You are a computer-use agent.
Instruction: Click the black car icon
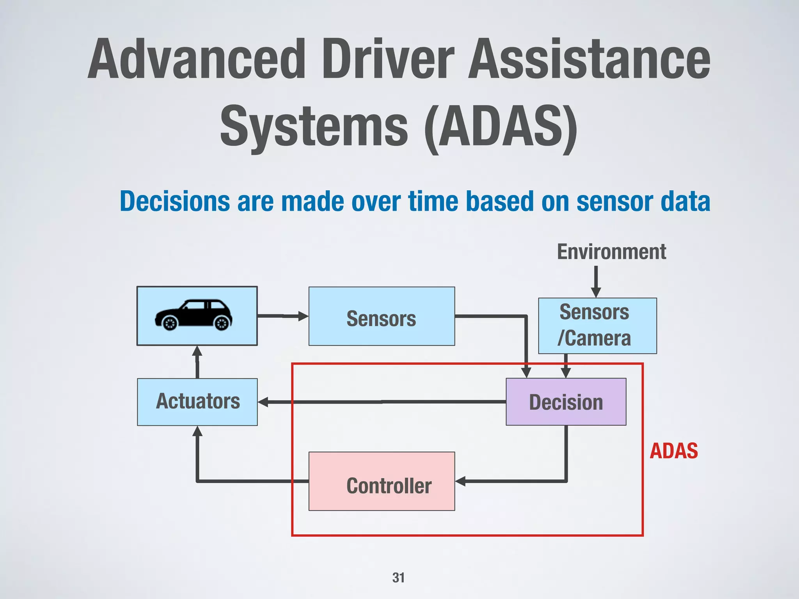point(194,315)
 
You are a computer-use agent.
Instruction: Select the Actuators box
point(197,402)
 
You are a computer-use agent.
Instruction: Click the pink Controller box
point(382,481)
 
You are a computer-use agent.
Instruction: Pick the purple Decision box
point(566,402)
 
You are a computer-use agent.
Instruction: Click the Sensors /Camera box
point(597,326)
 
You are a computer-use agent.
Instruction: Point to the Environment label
point(611,252)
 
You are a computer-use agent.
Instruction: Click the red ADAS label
point(673,451)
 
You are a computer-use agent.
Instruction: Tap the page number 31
point(398,578)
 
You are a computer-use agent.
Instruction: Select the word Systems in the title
point(314,127)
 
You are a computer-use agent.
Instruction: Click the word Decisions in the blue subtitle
point(175,202)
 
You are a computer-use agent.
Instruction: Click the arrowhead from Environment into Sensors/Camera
point(596,292)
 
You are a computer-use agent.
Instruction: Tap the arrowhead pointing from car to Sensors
point(303,316)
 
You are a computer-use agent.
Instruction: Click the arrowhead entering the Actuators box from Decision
point(263,402)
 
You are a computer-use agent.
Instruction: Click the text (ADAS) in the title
point(501,127)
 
